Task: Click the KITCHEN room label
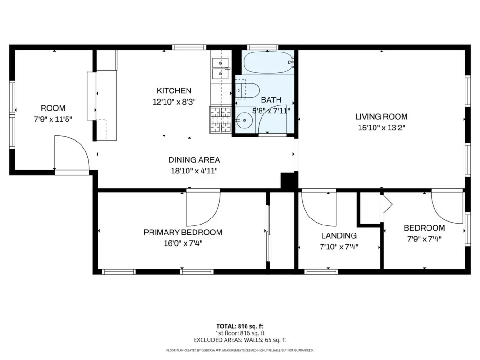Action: tap(174, 90)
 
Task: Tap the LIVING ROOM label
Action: tap(381, 117)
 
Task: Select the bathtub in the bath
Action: tap(268, 62)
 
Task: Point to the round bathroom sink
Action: tap(244, 120)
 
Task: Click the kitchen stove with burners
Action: tap(220, 120)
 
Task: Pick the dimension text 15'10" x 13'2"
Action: tap(382, 127)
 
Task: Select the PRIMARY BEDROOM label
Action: tap(183, 232)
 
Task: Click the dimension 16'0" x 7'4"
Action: tap(183, 243)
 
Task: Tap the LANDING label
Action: tap(339, 236)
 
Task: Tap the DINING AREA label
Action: tap(194, 160)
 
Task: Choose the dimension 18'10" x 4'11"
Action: tap(194, 171)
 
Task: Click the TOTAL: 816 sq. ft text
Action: tap(240, 326)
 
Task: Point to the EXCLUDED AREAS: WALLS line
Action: tap(240, 340)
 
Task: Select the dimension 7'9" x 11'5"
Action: tap(53, 119)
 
